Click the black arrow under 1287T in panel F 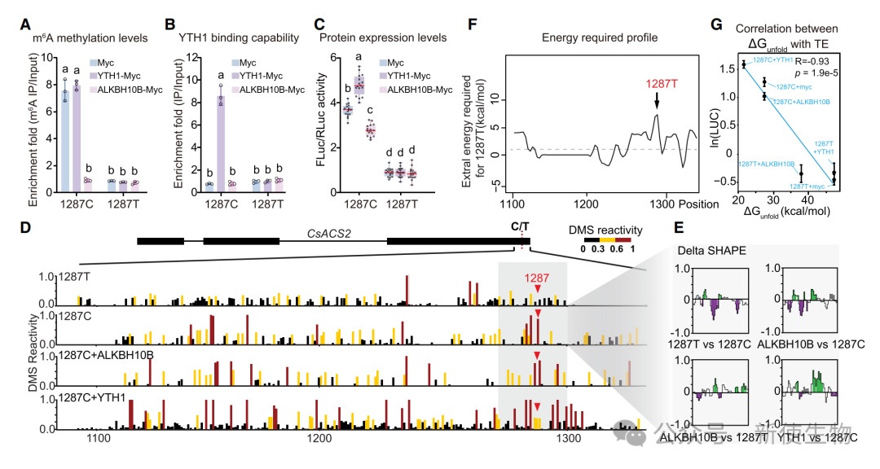click(655, 100)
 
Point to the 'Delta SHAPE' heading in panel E click(707, 251)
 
